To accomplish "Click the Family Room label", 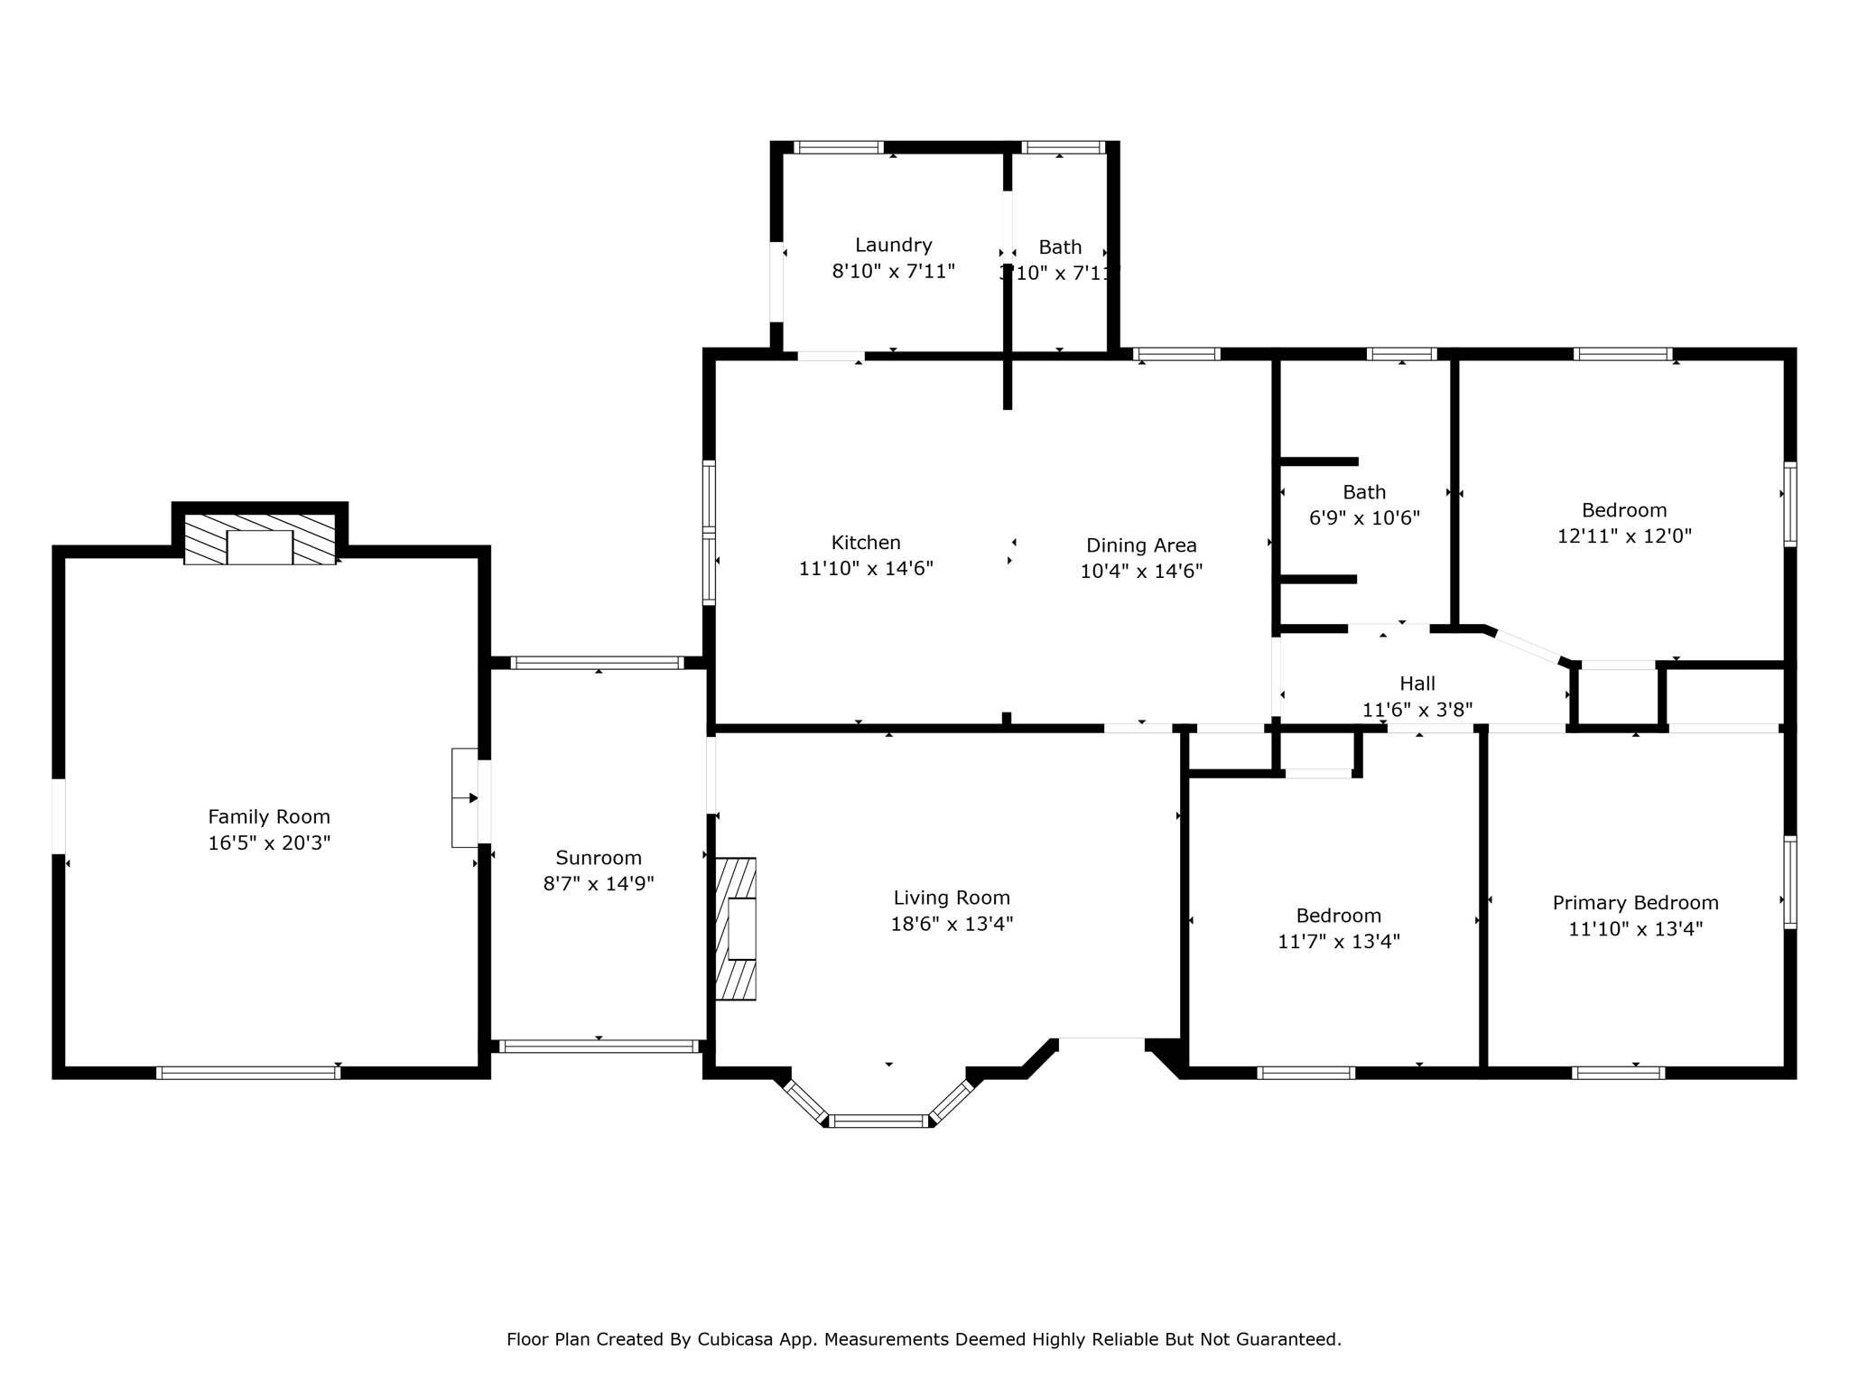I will click(x=269, y=816).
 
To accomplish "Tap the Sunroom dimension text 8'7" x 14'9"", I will click(x=598, y=883).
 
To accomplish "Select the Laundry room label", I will click(x=893, y=245).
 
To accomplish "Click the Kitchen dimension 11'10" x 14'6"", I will click(x=866, y=569).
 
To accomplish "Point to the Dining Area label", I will click(x=1141, y=545).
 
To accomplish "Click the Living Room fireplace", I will click(x=737, y=928).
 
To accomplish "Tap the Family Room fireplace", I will click(x=259, y=540).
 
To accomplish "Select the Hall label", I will click(x=1417, y=684).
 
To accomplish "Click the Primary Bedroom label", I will click(x=1635, y=903).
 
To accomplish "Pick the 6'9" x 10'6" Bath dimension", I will click(x=1364, y=518).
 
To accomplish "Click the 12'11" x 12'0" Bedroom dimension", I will click(x=1624, y=535).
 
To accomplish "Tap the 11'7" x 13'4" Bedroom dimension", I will click(x=1338, y=942).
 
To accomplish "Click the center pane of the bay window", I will click(x=879, y=1121).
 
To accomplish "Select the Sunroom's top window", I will click(x=597, y=663).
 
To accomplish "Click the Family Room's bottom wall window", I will click(x=248, y=1073).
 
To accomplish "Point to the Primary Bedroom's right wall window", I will click(x=1789, y=882).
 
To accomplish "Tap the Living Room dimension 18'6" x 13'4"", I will click(x=952, y=924).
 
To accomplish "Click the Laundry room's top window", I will click(x=839, y=147).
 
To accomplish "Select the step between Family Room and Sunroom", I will click(x=464, y=798).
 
